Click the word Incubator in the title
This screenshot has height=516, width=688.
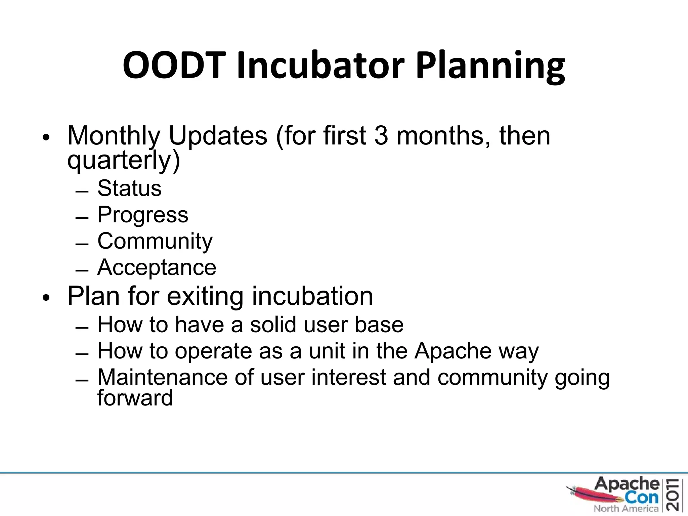coord(320,65)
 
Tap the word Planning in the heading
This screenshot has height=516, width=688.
coord(490,65)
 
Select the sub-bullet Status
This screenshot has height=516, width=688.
coord(129,188)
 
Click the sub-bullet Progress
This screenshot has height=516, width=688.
coord(143,215)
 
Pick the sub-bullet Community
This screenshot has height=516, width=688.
coord(155,241)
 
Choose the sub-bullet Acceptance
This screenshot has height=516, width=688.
coord(157,268)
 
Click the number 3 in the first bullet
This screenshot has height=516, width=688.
coord(381,136)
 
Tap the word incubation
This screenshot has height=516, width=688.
coord(312,296)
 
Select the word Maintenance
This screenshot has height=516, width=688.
coord(163,377)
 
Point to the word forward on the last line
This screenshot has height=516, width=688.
coord(135,398)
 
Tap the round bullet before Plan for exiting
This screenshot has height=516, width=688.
coord(46,297)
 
